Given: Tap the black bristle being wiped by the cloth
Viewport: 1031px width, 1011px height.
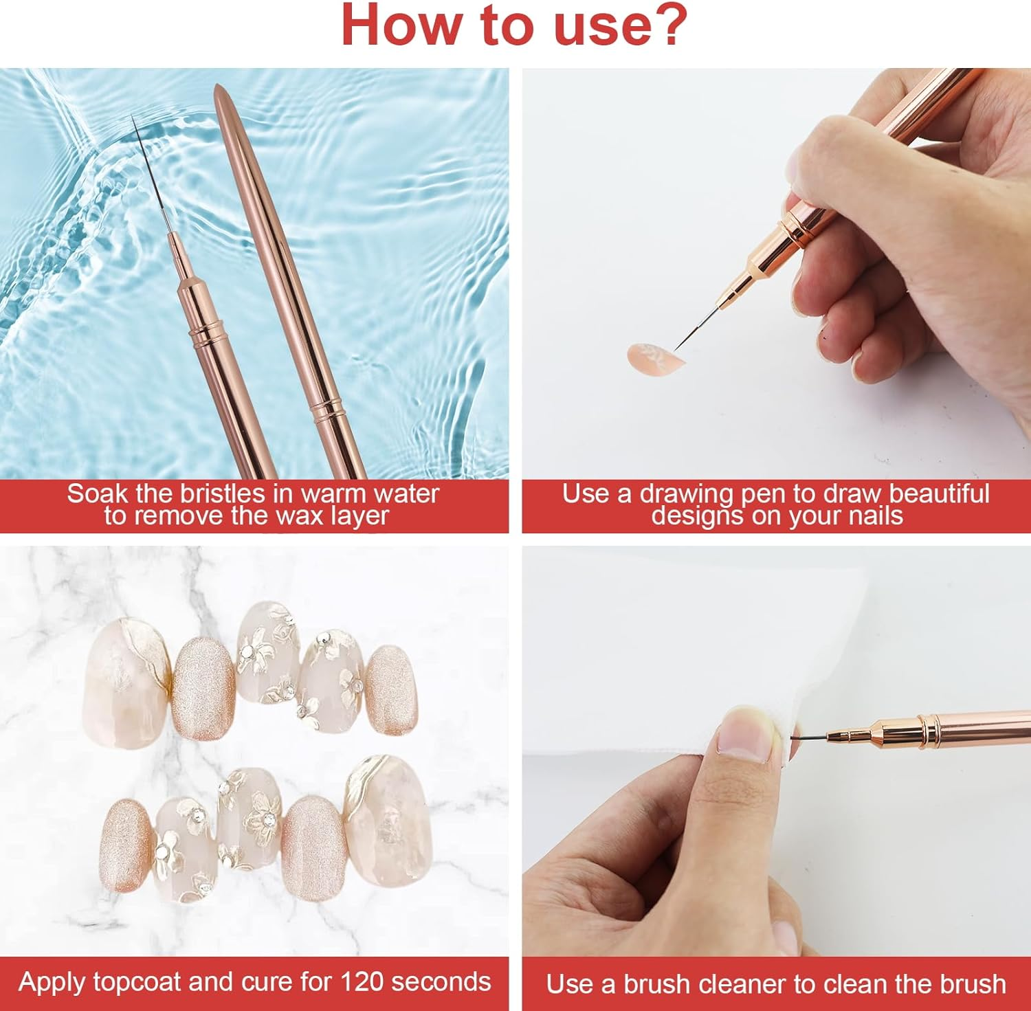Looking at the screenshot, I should coord(811,740).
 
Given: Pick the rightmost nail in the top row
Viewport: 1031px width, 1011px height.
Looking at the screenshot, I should coord(390,689).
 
